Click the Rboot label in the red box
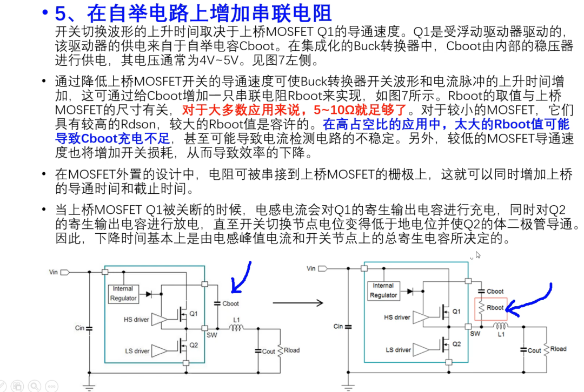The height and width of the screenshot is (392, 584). tap(495, 308)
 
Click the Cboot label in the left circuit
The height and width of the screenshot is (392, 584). tap(230, 303)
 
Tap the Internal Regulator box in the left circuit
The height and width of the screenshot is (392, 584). tap(123, 293)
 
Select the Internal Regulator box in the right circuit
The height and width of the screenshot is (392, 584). tap(383, 290)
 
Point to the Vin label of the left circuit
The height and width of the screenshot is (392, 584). tap(53, 272)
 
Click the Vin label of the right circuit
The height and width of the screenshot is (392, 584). tap(311, 268)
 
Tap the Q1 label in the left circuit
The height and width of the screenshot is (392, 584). tap(194, 313)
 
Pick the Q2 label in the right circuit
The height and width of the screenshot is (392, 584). tap(456, 344)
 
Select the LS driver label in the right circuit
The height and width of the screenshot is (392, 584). tap(397, 350)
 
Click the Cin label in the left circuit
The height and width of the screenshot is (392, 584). tap(80, 328)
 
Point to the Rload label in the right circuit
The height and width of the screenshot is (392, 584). tap(559, 349)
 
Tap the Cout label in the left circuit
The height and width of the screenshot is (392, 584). tap(269, 352)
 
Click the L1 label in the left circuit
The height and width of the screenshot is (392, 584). tap(236, 320)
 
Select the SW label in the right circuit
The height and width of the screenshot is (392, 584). tap(475, 334)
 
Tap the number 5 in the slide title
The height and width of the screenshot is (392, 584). tap(60, 12)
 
